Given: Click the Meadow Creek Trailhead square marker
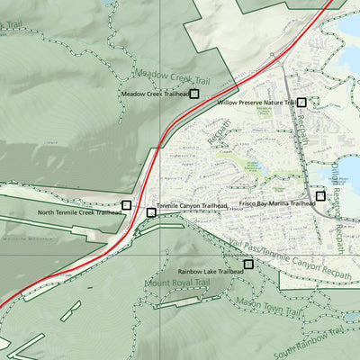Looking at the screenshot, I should pyautogui.click(x=193, y=93).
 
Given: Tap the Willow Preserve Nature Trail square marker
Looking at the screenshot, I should pyautogui.click(x=301, y=103).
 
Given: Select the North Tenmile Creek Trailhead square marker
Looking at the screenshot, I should pyautogui.click(x=126, y=205).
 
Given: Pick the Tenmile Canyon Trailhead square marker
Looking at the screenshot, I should pyautogui.click(x=150, y=212).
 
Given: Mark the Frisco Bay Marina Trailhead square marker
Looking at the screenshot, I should pyautogui.click(x=320, y=196).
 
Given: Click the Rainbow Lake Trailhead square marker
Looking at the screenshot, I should pyautogui.click(x=248, y=264).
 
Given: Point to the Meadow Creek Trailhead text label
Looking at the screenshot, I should pyautogui.click(x=154, y=94).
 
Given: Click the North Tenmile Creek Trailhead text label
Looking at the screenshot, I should pyautogui.click(x=79, y=213).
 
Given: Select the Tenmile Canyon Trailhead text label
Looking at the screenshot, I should pyautogui.click(x=192, y=206).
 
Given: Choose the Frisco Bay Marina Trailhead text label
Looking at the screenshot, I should pyautogui.click(x=277, y=204).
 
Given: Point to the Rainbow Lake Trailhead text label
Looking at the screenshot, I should pyautogui.click(x=210, y=270).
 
